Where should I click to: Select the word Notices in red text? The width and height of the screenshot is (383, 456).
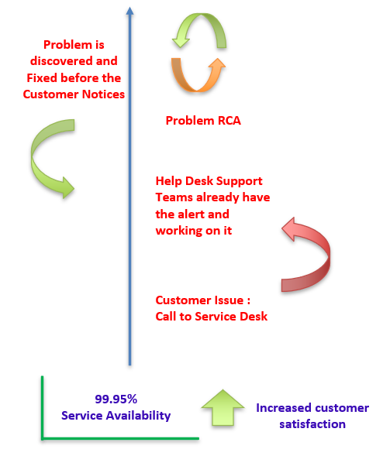(x=103, y=94)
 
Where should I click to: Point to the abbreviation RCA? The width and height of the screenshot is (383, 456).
(x=229, y=121)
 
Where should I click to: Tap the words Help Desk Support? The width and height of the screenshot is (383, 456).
(x=209, y=181)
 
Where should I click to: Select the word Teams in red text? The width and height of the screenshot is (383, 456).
(x=174, y=197)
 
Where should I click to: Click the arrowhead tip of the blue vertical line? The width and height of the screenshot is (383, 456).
(x=130, y=7)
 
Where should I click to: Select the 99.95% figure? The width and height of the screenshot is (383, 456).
(x=116, y=399)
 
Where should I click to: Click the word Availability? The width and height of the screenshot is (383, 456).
(x=138, y=416)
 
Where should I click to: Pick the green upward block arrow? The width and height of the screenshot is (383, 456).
(x=223, y=408)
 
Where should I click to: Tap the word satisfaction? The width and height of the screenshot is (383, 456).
(x=312, y=424)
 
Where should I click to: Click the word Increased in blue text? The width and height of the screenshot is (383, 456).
(x=280, y=408)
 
